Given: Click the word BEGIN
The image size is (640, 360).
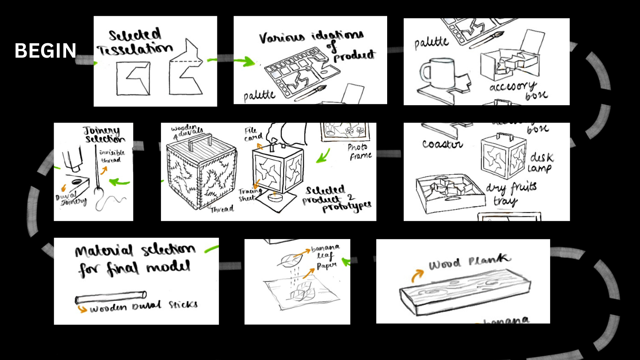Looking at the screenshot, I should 45,51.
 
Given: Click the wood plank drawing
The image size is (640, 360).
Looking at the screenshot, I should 464,292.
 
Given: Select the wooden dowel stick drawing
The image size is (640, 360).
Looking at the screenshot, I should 110,298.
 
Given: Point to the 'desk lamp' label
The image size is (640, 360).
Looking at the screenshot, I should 541,162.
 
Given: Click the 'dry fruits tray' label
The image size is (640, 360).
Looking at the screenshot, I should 510,193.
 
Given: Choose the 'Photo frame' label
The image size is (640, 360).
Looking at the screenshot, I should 359,152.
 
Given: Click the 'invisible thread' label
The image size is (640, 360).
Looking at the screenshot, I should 112,156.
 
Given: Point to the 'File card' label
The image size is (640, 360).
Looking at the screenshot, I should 253,134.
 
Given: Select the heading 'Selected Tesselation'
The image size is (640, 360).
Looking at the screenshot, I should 135,42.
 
